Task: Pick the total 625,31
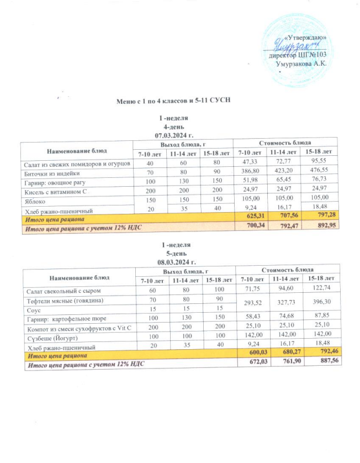pos(250,215)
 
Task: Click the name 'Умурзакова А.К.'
pos(301,64)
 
